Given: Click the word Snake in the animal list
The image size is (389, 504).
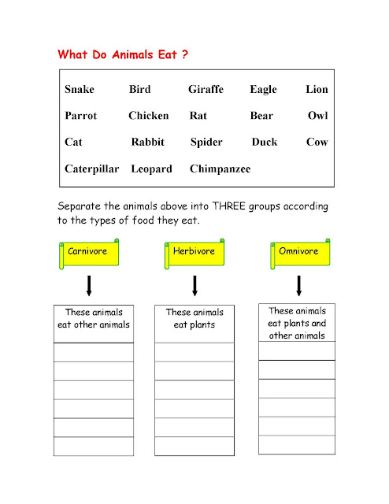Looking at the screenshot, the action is [80, 90].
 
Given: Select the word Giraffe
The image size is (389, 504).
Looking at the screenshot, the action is [206, 90].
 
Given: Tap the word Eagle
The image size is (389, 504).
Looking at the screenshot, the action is [263, 90].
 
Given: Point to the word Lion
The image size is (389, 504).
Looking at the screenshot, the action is [317, 90].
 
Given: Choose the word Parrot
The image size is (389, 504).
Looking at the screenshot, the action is [81, 116].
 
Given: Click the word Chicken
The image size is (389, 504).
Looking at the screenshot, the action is [148, 116].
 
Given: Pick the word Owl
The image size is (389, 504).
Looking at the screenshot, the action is [318, 116].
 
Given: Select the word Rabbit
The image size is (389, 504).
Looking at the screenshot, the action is [148, 143].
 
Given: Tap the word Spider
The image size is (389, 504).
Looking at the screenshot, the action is [206, 143].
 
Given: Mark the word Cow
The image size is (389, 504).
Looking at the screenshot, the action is [317, 143].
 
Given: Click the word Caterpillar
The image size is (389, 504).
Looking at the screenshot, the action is [92, 169].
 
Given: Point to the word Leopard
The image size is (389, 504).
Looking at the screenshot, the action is [151, 169].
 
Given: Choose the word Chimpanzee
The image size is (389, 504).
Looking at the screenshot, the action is [220, 169].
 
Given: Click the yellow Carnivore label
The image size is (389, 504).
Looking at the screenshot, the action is [87, 252].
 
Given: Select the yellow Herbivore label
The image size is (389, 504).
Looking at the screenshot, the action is [194, 252].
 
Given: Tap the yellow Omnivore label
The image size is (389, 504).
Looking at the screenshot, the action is [299, 252].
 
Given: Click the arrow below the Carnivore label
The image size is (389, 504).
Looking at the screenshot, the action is [89, 286].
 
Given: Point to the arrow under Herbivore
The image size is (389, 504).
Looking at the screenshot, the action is [194, 286].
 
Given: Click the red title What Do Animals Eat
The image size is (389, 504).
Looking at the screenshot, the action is [123, 57].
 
